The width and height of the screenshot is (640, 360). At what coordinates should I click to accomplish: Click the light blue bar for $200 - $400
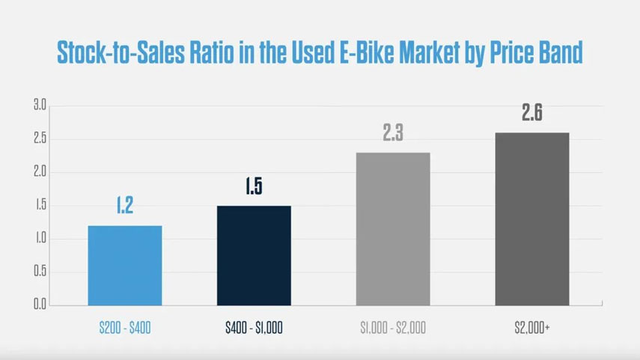(125, 265)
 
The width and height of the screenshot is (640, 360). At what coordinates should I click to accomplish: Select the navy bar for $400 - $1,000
(254, 255)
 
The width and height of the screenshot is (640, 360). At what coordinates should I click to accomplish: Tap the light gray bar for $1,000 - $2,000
(393, 228)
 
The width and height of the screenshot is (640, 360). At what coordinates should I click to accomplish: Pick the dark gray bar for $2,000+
(531, 219)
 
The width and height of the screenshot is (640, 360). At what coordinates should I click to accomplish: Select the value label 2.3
(393, 133)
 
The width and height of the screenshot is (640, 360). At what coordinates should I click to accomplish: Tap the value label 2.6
(532, 114)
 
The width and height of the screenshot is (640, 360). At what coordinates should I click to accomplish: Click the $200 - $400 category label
(125, 328)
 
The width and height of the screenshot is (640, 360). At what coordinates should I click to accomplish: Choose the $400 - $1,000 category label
(254, 328)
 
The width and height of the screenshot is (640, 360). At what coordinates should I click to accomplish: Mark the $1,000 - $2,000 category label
(393, 328)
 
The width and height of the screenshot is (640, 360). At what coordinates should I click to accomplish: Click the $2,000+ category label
(532, 328)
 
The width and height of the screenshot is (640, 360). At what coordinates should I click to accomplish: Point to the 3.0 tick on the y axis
(40, 106)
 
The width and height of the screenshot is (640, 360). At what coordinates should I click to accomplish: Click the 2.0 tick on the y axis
(40, 172)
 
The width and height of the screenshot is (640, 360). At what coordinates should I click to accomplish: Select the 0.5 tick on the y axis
(40, 272)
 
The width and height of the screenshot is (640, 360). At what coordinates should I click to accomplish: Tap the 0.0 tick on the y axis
(40, 305)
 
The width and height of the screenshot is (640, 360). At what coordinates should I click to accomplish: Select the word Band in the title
(558, 52)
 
